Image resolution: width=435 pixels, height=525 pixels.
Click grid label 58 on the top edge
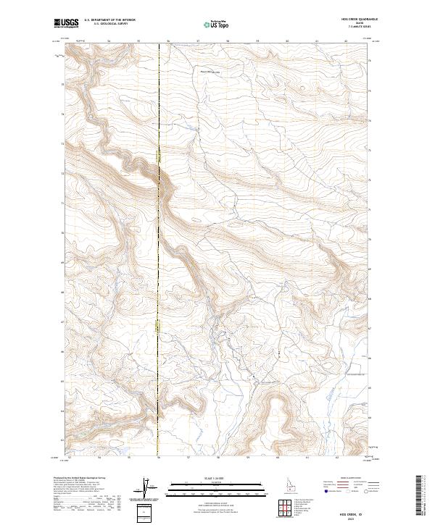tap(228, 41)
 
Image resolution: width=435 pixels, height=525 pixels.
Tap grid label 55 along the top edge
tap(138, 41)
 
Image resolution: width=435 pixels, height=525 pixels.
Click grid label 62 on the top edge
tap(347, 41)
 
